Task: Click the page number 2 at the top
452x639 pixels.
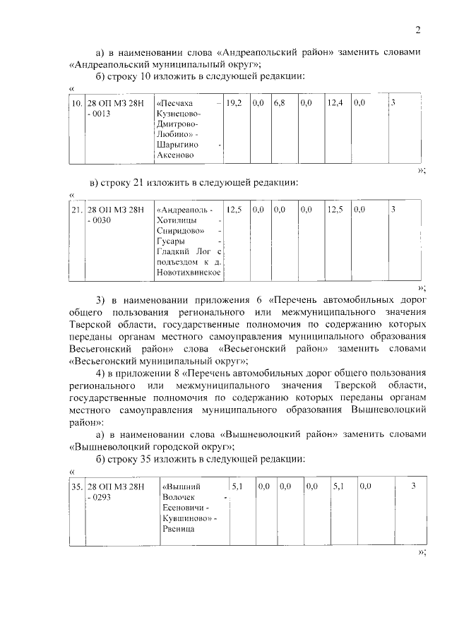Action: click(417, 30)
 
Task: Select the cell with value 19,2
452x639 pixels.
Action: click(234, 103)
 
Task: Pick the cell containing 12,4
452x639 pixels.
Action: click(335, 103)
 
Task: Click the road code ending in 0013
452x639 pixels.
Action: click(114, 108)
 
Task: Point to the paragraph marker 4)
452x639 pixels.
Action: click(100, 372)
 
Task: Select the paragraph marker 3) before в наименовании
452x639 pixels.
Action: click(100, 299)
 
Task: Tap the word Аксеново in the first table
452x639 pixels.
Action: click(177, 155)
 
